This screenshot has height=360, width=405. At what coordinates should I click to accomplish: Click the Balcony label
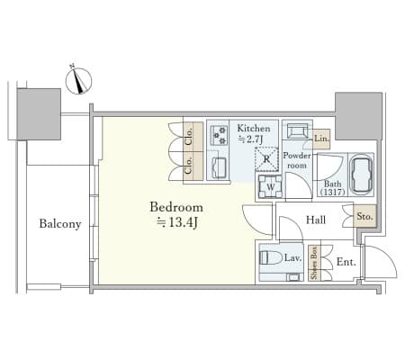60,224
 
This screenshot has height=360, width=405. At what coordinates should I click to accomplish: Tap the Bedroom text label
176,207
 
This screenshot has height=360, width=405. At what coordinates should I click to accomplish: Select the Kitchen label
254,129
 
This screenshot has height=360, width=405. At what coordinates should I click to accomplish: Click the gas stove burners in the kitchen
219,135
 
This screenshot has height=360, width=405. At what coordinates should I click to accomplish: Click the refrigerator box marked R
266,159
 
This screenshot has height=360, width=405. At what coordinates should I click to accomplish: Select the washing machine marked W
270,186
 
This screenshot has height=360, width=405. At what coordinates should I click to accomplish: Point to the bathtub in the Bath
362,174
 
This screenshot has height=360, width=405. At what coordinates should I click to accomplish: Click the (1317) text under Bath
332,192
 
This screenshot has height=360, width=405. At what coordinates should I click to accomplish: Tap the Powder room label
297,160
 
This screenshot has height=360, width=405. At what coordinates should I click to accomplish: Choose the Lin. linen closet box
322,139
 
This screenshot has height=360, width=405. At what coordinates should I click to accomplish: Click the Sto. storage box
364,216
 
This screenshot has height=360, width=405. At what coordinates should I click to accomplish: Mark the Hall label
316,220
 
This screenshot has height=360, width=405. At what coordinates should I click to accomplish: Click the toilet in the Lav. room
270,257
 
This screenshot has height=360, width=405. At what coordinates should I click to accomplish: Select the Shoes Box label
314,263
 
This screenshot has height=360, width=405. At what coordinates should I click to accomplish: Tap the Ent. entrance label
346,262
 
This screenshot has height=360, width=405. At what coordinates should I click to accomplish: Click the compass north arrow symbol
79,81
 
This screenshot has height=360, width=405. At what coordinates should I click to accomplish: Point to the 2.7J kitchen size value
250,139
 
